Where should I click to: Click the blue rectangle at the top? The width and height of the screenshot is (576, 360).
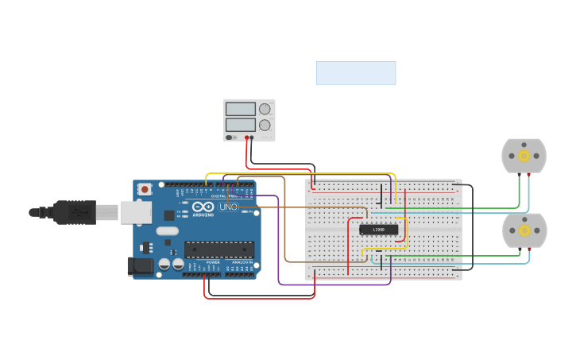tap(356, 73)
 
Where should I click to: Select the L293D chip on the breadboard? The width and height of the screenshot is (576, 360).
tap(378, 230)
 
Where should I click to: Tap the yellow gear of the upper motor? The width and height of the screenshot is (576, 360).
tap(524, 155)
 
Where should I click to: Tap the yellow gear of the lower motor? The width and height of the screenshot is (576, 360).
tap(525, 230)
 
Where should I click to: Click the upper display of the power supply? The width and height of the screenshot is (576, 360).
tap(240, 109)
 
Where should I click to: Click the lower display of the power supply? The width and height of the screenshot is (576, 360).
tap(240, 125)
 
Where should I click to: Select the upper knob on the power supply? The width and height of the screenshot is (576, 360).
tap(265, 109)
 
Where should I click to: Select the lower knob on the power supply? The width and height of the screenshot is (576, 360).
tap(265, 125)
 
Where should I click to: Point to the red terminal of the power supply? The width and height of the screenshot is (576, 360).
tap(247, 138)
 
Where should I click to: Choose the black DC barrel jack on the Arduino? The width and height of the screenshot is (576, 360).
tap(141, 265)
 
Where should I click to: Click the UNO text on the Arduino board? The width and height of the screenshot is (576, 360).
tap(229, 207)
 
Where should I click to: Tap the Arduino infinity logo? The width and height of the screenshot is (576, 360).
tap(203, 207)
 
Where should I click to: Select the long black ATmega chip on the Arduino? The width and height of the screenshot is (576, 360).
tap(219, 249)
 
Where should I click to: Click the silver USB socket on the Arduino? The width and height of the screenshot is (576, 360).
tap(136, 212)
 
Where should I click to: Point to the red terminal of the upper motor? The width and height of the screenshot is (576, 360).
tap(529, 174)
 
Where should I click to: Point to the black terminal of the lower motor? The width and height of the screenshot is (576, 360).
tap(520, 249)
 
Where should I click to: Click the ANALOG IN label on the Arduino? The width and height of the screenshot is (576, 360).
tap(242, 261)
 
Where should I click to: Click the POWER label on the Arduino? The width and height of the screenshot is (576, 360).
tap(213, 261)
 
